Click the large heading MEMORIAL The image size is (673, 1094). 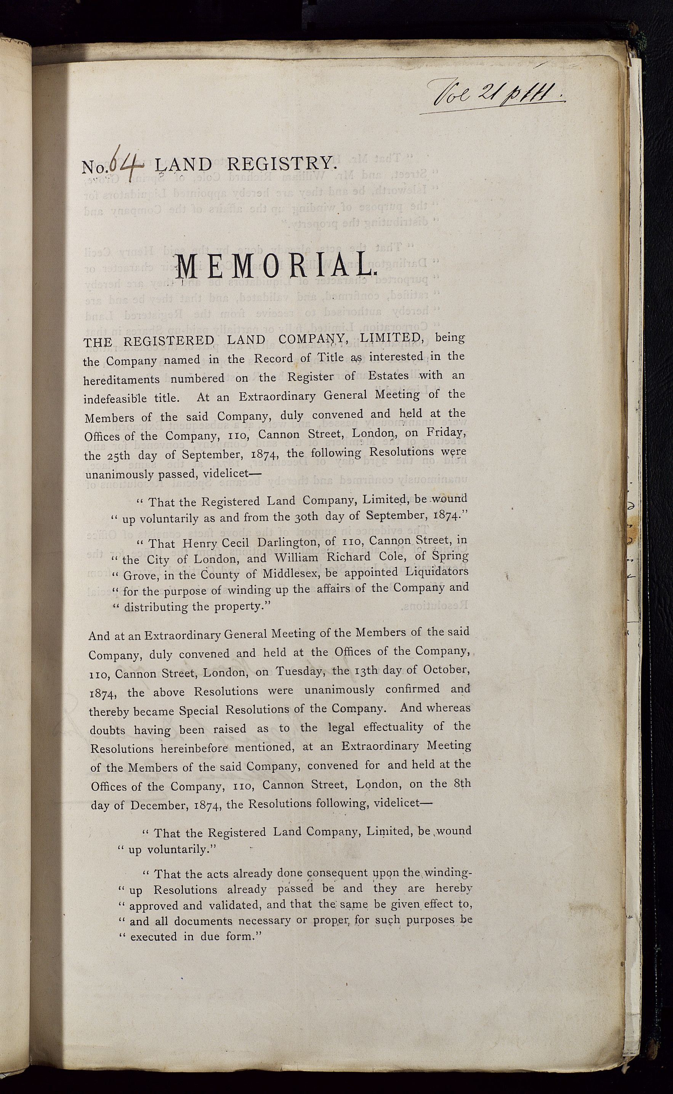coord(277,267)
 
